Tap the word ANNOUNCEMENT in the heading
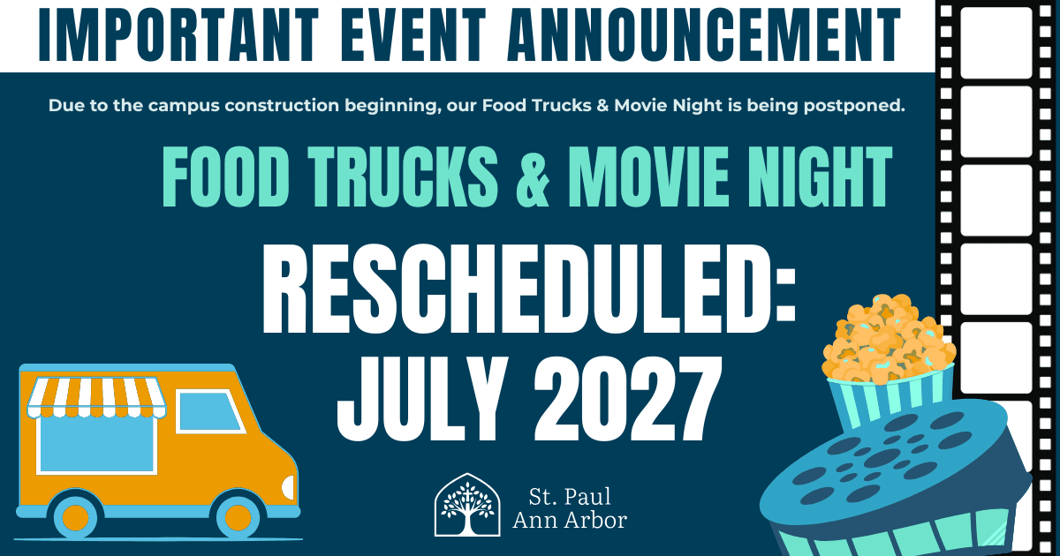[x=703, y=34]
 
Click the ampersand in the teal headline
[x=533, y=177]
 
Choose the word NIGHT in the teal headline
[x=818, y=177]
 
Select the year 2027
[x=628, y=399]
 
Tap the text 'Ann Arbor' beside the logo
[x=570, y=521]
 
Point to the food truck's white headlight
[x=289, y=487]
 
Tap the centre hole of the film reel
[x=882, y=457]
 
